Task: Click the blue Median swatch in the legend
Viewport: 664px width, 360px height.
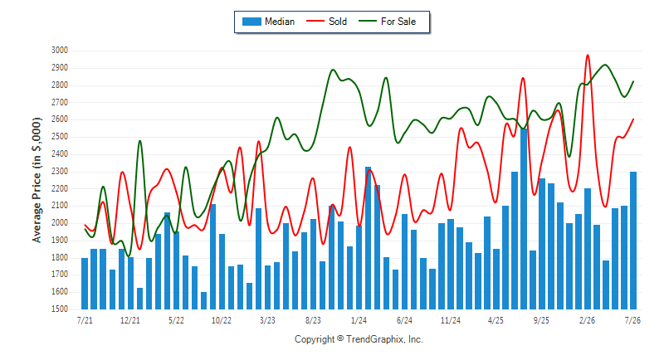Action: [251, 22]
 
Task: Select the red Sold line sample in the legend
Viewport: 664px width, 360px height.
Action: [315, 21]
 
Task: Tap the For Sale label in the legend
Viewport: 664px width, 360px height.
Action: [398, 22]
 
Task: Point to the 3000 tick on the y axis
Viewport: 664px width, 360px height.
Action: [60, 51]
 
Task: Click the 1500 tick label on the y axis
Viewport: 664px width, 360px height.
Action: [60, 309]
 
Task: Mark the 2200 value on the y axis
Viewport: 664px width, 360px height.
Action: [60, 188]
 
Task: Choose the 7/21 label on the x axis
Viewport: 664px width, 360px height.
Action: [85, 320]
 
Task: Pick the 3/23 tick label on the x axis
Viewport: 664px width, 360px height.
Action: [267, 320]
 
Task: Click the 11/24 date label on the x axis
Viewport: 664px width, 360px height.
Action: [450, 320]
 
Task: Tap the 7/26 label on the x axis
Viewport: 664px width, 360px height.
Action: [632, 320]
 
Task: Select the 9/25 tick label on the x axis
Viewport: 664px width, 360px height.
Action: [541, 320]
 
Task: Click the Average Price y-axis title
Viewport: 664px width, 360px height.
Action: [37, 180]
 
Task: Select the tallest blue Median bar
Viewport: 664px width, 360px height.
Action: [524, 219]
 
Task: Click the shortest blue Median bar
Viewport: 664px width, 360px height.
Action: [203, 300]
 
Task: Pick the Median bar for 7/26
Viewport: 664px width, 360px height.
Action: [633, 241]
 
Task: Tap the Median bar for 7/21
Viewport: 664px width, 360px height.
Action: [85, 284]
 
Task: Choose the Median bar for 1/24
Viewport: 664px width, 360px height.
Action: [359, 267]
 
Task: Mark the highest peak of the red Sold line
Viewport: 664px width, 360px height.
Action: [588, 55]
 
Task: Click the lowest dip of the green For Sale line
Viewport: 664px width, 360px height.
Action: [129, 255]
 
